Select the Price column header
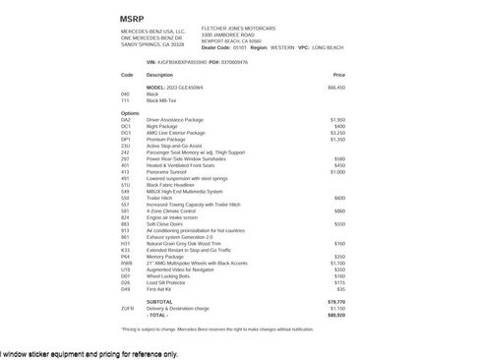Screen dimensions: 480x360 (x=338, y=75)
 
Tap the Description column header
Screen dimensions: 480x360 (x=159, y=75)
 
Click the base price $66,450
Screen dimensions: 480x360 (x=336, y=88)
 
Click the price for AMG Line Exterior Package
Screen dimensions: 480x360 (x=336, y=132)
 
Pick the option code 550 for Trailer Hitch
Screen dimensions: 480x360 (x=125, y=197)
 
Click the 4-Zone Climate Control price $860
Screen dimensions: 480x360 (x=339, y=210)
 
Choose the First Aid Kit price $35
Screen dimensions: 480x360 (x=340, y=289)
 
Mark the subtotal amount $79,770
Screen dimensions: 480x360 (x=336, y=302)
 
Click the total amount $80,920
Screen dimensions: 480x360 (x=336, y=315)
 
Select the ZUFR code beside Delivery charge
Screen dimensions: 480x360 (x=127, y=309)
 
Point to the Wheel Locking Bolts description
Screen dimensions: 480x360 (x=169, y=276)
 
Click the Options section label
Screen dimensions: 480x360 (x=130, y=112)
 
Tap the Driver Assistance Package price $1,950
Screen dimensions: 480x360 (x=337, y=119)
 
